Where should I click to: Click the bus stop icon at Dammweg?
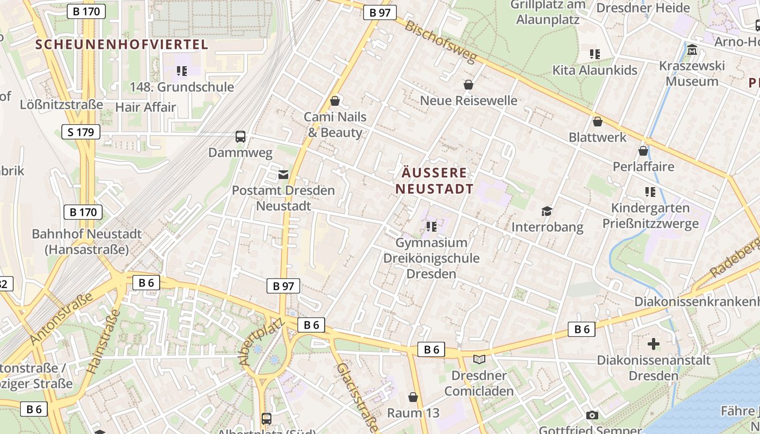[240, 137]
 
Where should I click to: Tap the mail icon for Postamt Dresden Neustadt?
[283, 174]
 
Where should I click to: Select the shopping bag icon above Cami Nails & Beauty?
[335, 101]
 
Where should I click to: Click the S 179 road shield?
[81, 132]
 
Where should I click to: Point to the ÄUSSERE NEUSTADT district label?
[434, 181]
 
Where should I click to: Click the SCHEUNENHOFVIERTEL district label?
[122, 44]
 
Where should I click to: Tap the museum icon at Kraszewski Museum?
[692, 50]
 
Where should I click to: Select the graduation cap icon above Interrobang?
[547, 211]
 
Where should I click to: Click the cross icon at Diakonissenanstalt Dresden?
[654, 343]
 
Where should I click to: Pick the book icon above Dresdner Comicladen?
[479, 359]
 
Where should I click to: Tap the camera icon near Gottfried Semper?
[592, 415]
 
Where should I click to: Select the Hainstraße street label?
[103, 342]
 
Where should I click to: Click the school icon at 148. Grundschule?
[182, 71]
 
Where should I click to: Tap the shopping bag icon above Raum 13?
[413, 397]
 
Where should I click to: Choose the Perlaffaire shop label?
[643, 167]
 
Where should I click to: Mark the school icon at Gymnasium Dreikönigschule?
[431, 226]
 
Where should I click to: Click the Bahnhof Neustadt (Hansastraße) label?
[87, 242]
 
